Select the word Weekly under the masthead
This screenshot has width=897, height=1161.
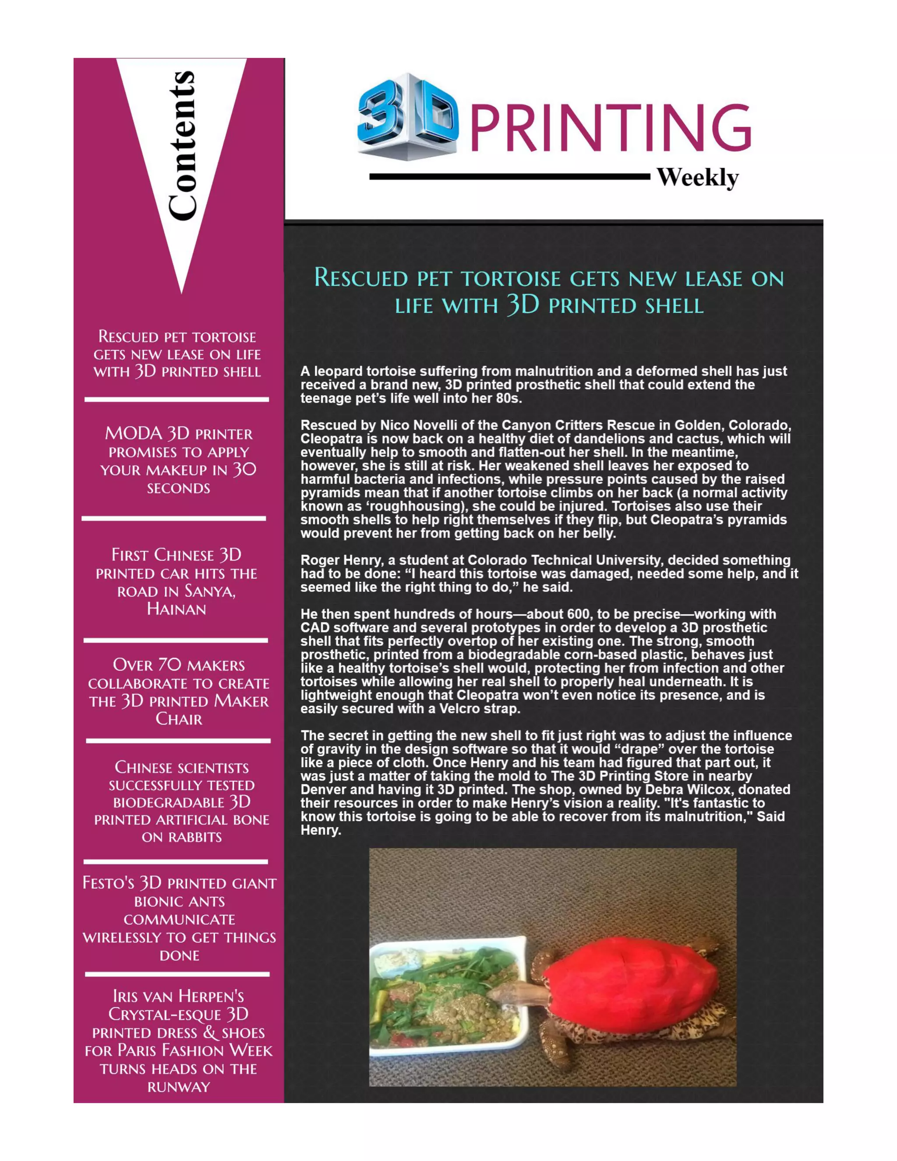coord(697,177)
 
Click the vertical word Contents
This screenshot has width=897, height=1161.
coord(182,145)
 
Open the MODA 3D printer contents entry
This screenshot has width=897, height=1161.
coord(179,460)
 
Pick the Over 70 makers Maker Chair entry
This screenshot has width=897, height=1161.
coord(179,692)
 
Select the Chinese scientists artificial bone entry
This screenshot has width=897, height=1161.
coord(181,802)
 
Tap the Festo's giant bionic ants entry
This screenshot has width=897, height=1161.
coord(179,919)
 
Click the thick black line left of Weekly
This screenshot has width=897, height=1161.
coord(509,177)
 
